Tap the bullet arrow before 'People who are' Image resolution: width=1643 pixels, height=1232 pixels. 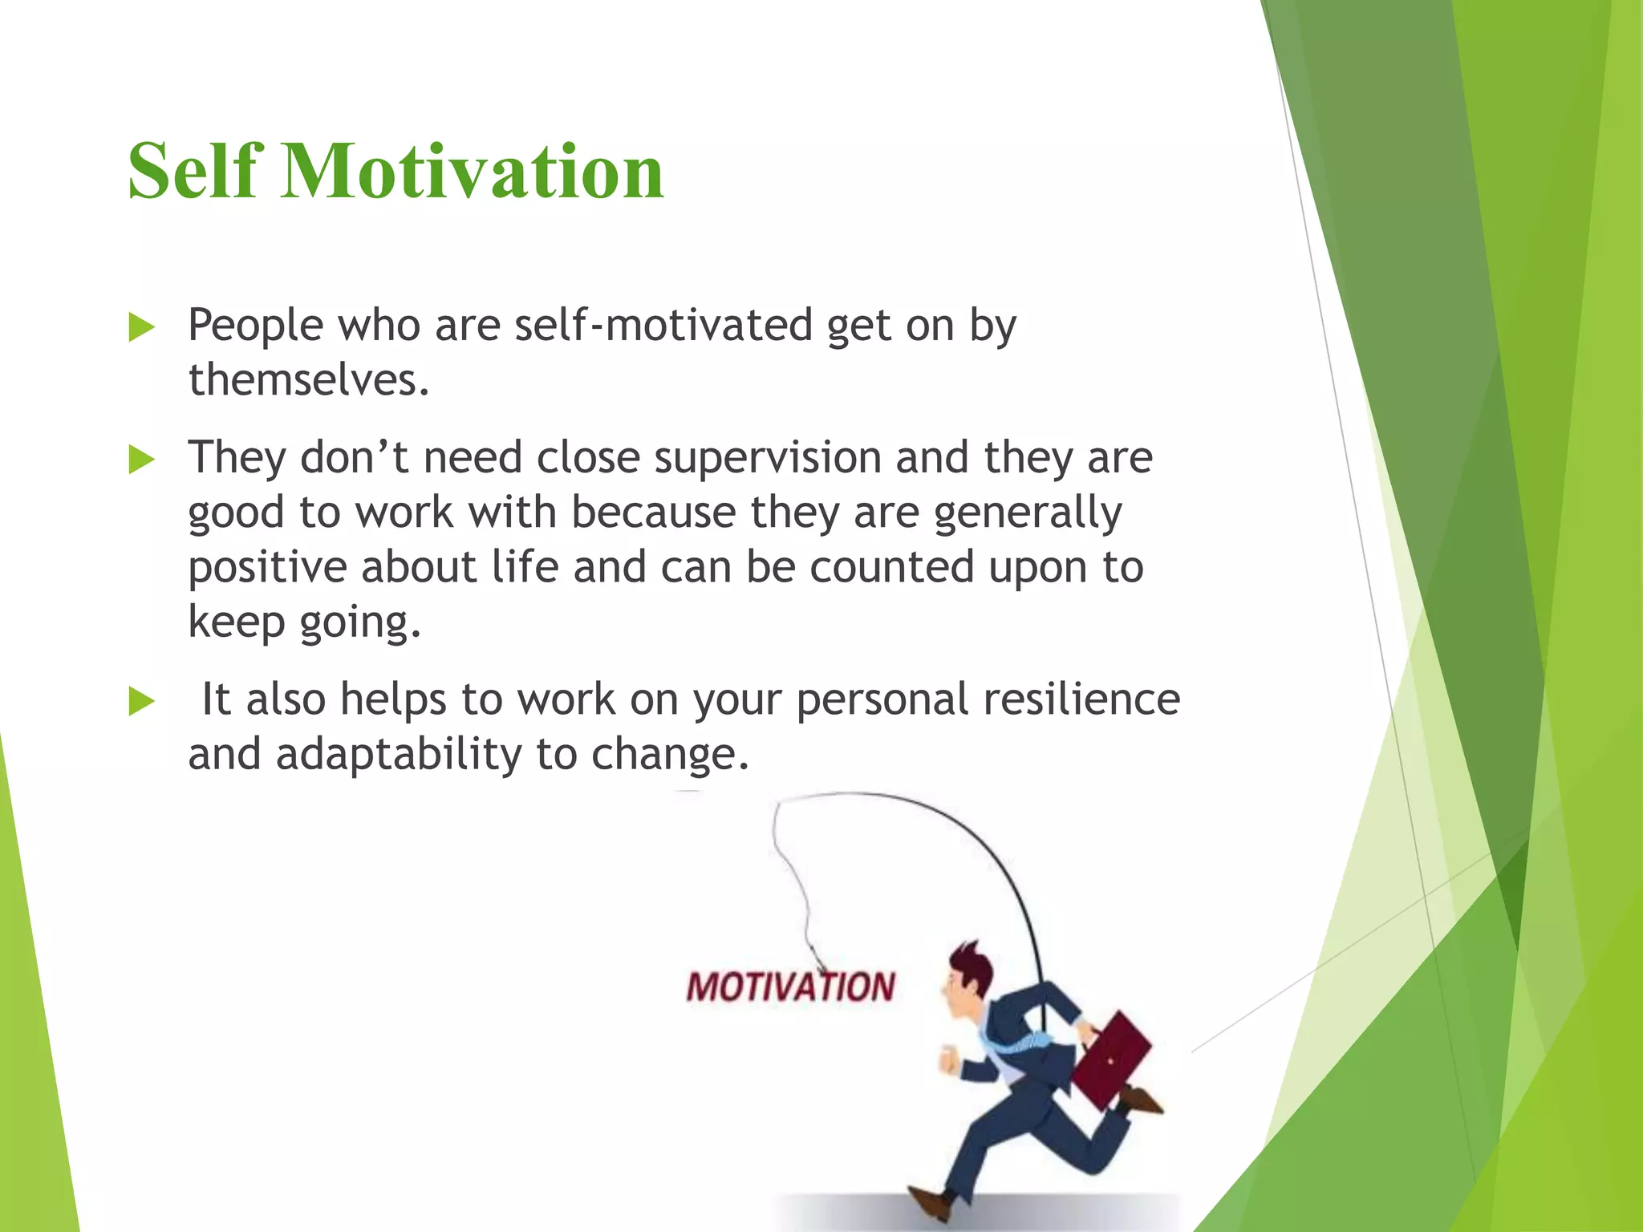point(141,328)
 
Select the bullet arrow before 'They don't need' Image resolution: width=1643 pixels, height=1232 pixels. point(141,460)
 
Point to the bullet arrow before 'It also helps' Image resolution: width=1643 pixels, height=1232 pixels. point(141,702)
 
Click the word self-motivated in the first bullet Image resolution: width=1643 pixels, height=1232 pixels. point(663,326)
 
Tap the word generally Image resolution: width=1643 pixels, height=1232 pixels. point(1028,513)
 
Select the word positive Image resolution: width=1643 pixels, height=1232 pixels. point(266,568)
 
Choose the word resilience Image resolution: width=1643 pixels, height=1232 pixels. point(1081,699)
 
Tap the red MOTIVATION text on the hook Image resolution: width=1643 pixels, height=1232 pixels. point(790,987)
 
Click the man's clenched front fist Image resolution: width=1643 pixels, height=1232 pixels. point(949,1060)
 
